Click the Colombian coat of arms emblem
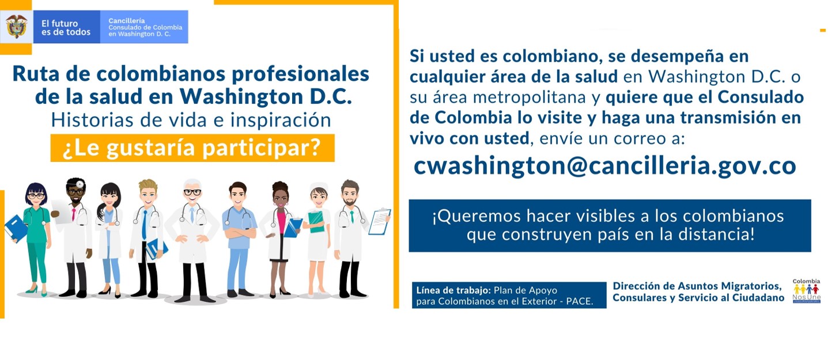(x=16, y=26)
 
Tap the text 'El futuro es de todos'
(x=66, y=28)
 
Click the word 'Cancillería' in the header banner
(x=126, y=21)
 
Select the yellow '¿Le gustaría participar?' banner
(x=192, y=148)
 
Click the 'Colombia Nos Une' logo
(x=806, y=291)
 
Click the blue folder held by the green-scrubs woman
(x=16, y=228)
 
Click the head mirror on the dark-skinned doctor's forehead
(x=80, y=184)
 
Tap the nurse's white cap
(x=319, y=187)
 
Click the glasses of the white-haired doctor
(x=192, y=192)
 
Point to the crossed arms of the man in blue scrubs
(x=240, y=233)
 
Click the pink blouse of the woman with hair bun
(x=281, y=221)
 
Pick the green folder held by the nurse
(x=316, y=221)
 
